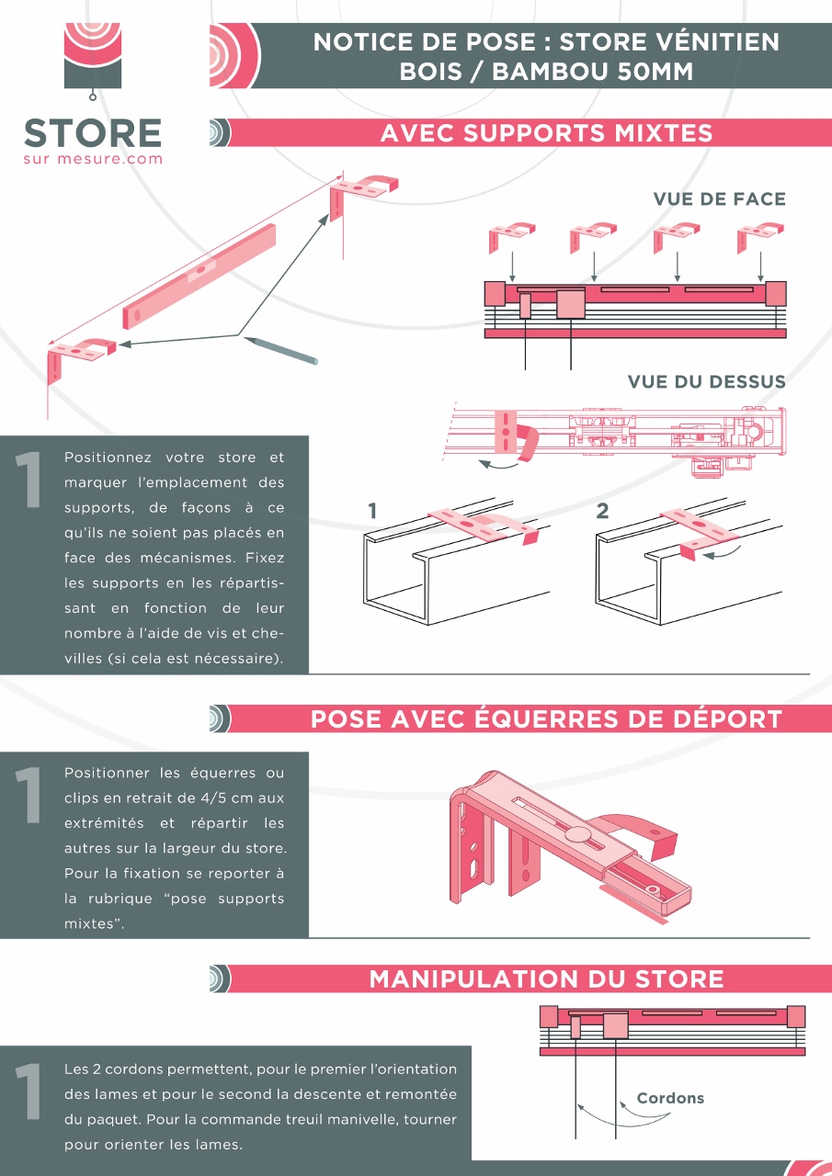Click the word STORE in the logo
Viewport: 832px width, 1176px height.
(x=93, y=133)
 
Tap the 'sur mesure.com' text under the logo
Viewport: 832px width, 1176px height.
(x=93, y=159)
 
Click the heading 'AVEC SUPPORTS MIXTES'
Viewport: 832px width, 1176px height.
(x=546, y=133)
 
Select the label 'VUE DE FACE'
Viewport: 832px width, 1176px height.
(x=720, y=199)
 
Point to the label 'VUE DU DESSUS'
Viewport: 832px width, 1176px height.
(x=706, y=381)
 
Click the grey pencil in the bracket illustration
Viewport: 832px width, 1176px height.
(x=281, y=351)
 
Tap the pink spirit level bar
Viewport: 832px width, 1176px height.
(x=199, y=277)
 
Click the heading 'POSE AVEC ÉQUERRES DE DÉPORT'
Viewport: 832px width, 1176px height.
(x=546, y=719)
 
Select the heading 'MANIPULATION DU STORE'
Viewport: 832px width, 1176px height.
(x=546, y=979)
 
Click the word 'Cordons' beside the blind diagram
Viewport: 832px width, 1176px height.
(x=670, y=1098)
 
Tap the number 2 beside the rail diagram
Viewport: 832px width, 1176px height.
(x=602, y=511)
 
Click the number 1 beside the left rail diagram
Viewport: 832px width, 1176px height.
(x=372, y=511)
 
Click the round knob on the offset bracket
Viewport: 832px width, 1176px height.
(x=577, y=833)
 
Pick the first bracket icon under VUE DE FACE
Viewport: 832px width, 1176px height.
(x=511, y=238)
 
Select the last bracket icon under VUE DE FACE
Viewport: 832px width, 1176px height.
(x=760, y=238)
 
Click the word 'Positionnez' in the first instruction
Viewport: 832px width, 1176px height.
(x=108, y=458)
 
